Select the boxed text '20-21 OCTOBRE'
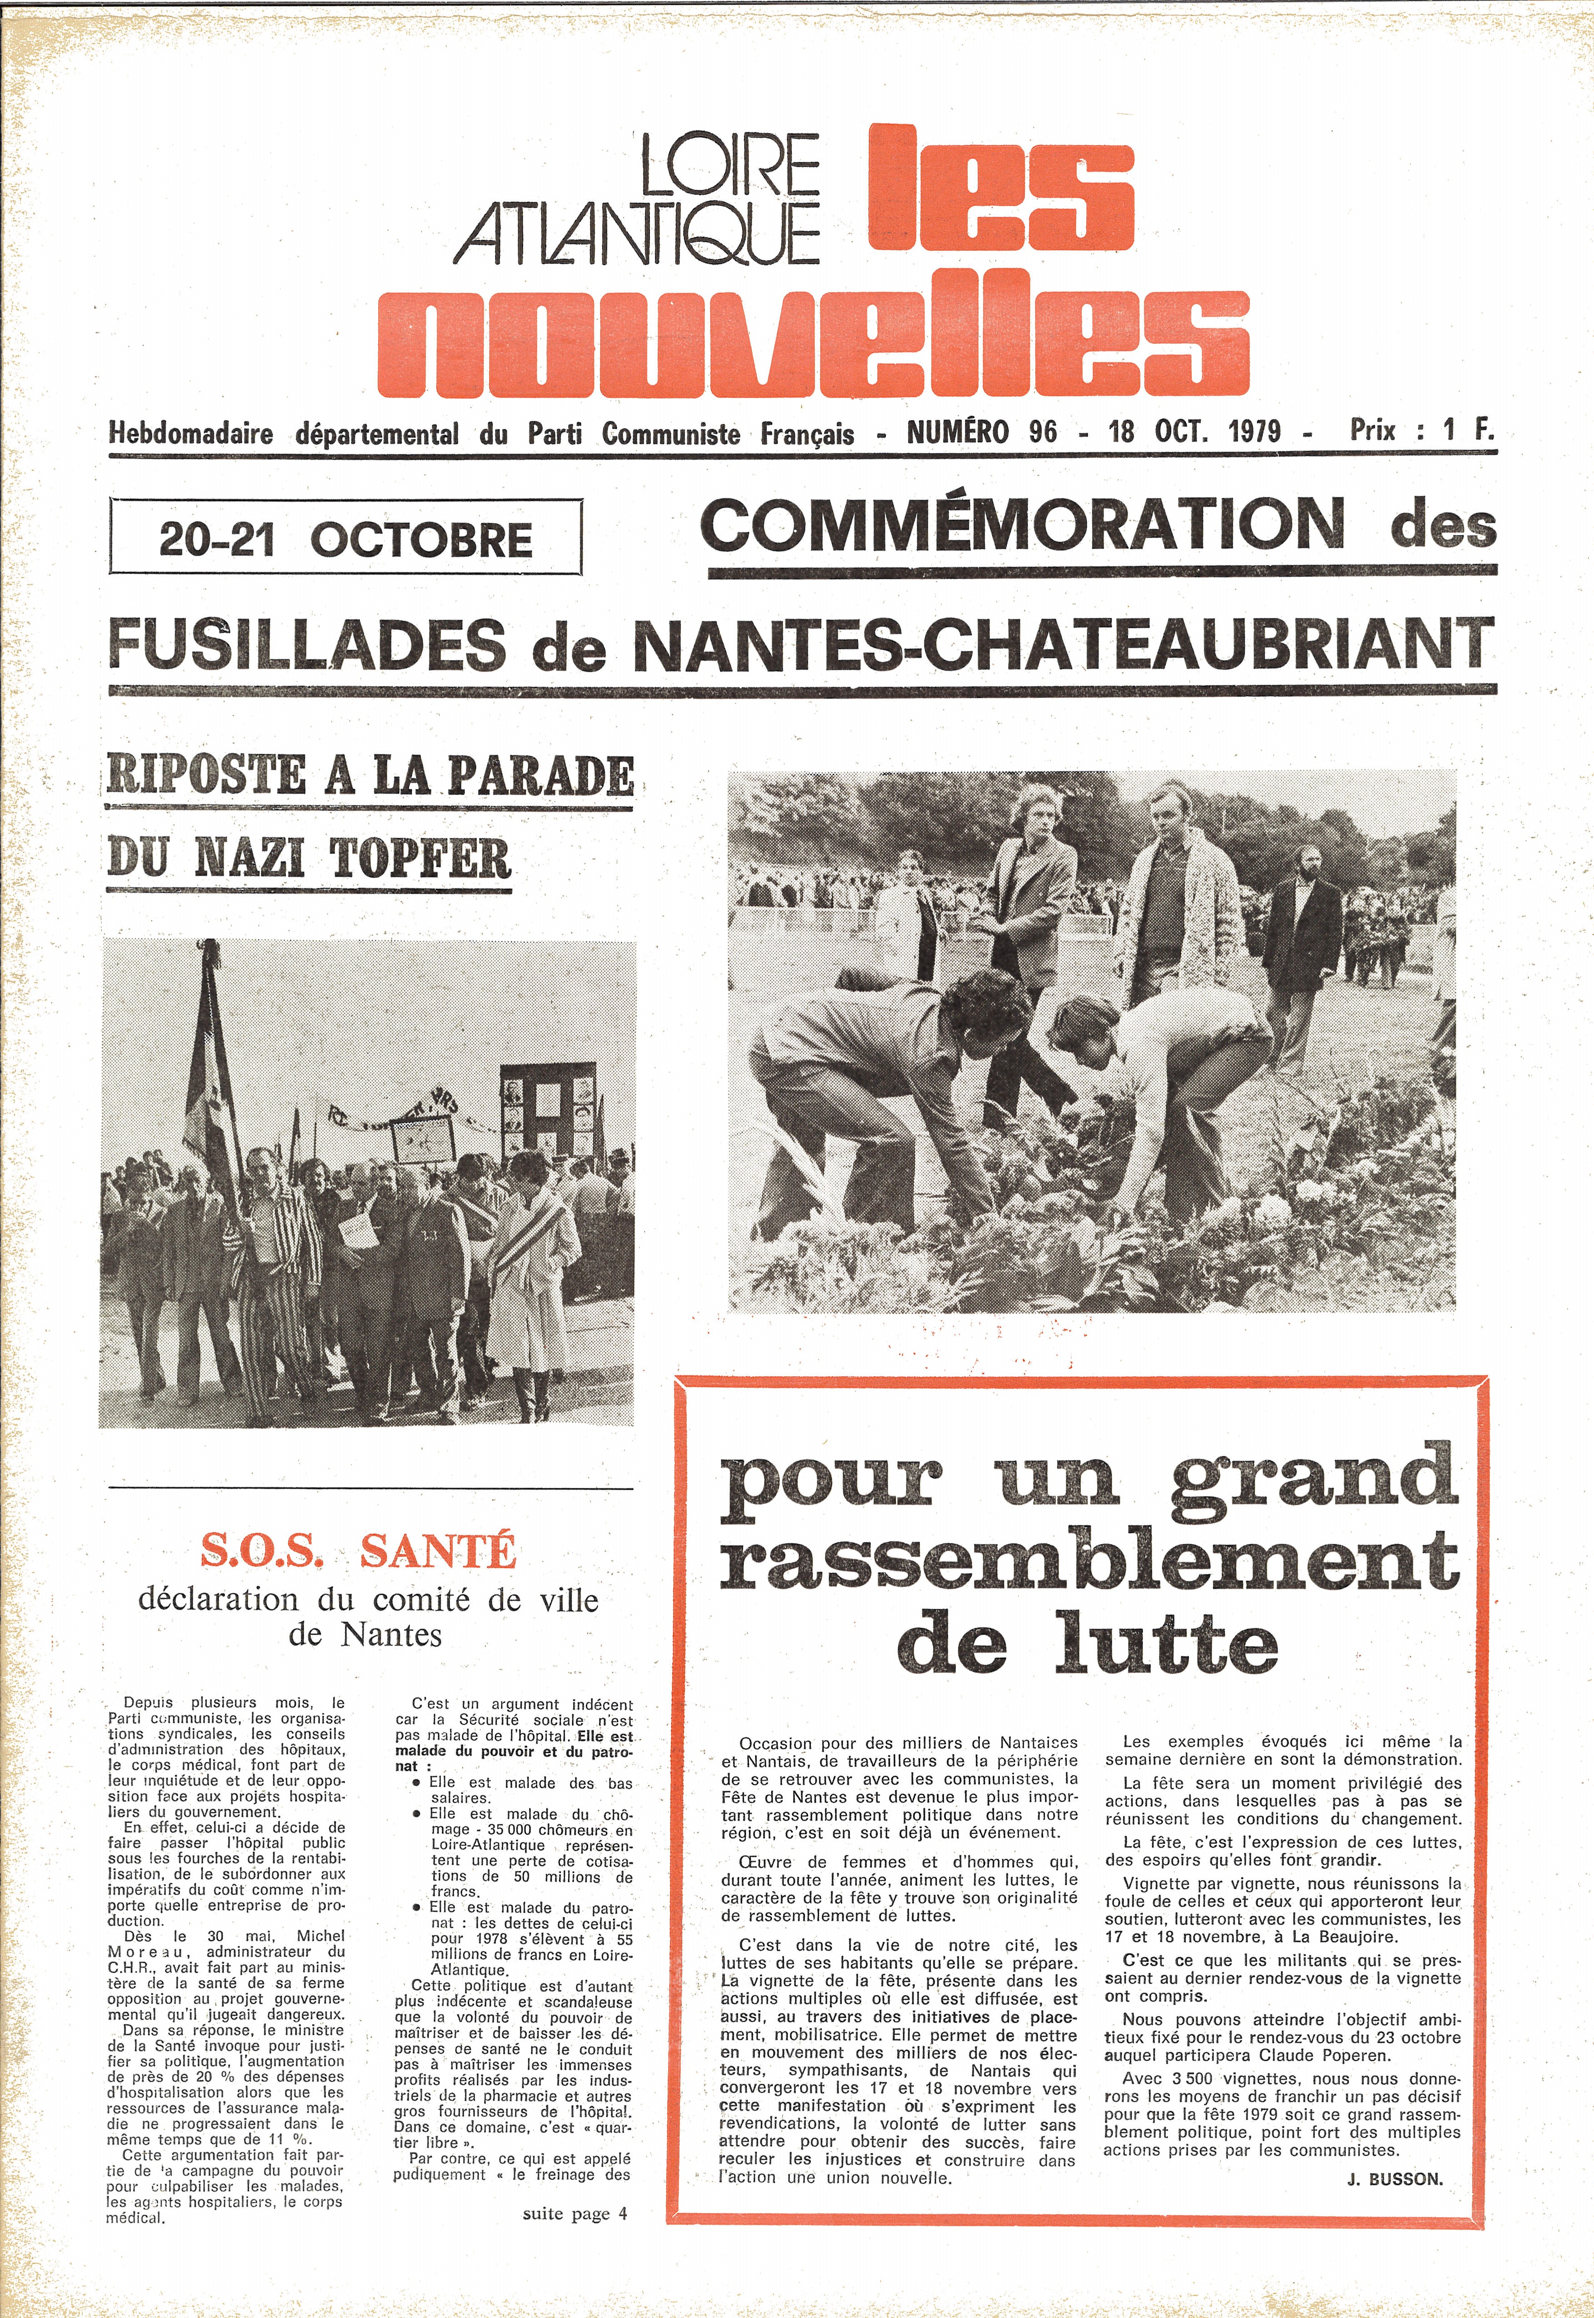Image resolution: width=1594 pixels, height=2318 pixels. [x=345, y=540]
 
